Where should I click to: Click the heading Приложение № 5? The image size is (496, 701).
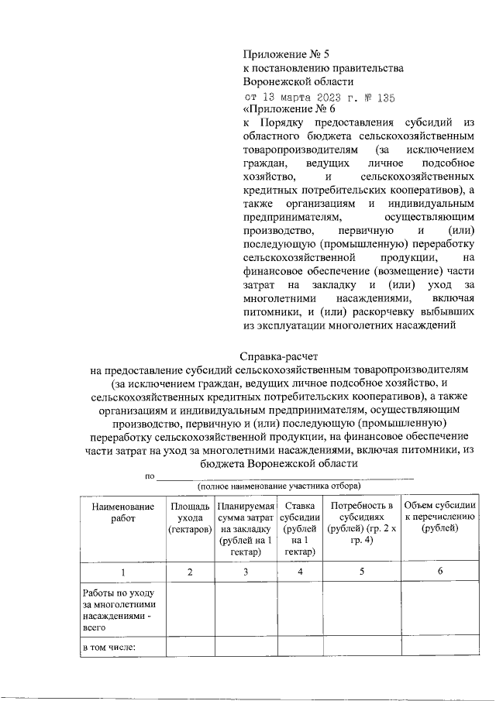(x=286, y=53)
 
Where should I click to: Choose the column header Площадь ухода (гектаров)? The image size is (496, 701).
(x=190, y=517)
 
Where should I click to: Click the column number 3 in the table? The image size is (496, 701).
(x=245, y=572)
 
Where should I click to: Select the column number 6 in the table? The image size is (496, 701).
(x=440, y=572)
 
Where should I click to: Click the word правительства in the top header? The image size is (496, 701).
(x=365, y=67)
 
